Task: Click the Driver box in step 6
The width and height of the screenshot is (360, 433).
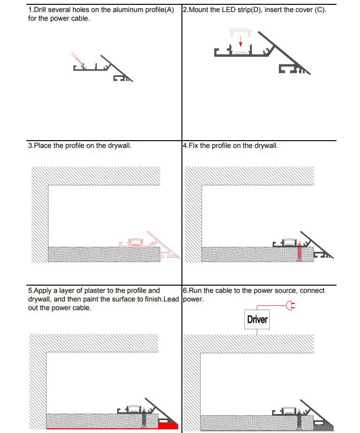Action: [x=257, y=320]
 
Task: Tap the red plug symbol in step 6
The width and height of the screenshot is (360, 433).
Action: [x=289, y=305]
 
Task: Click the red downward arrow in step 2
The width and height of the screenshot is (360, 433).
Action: [x=241, y=44]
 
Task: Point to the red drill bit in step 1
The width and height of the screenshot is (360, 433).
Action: [x=78, y=61]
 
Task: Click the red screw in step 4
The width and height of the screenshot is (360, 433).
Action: [x=300, y=252]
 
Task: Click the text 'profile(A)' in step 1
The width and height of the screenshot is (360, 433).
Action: [x=159, y=10]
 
